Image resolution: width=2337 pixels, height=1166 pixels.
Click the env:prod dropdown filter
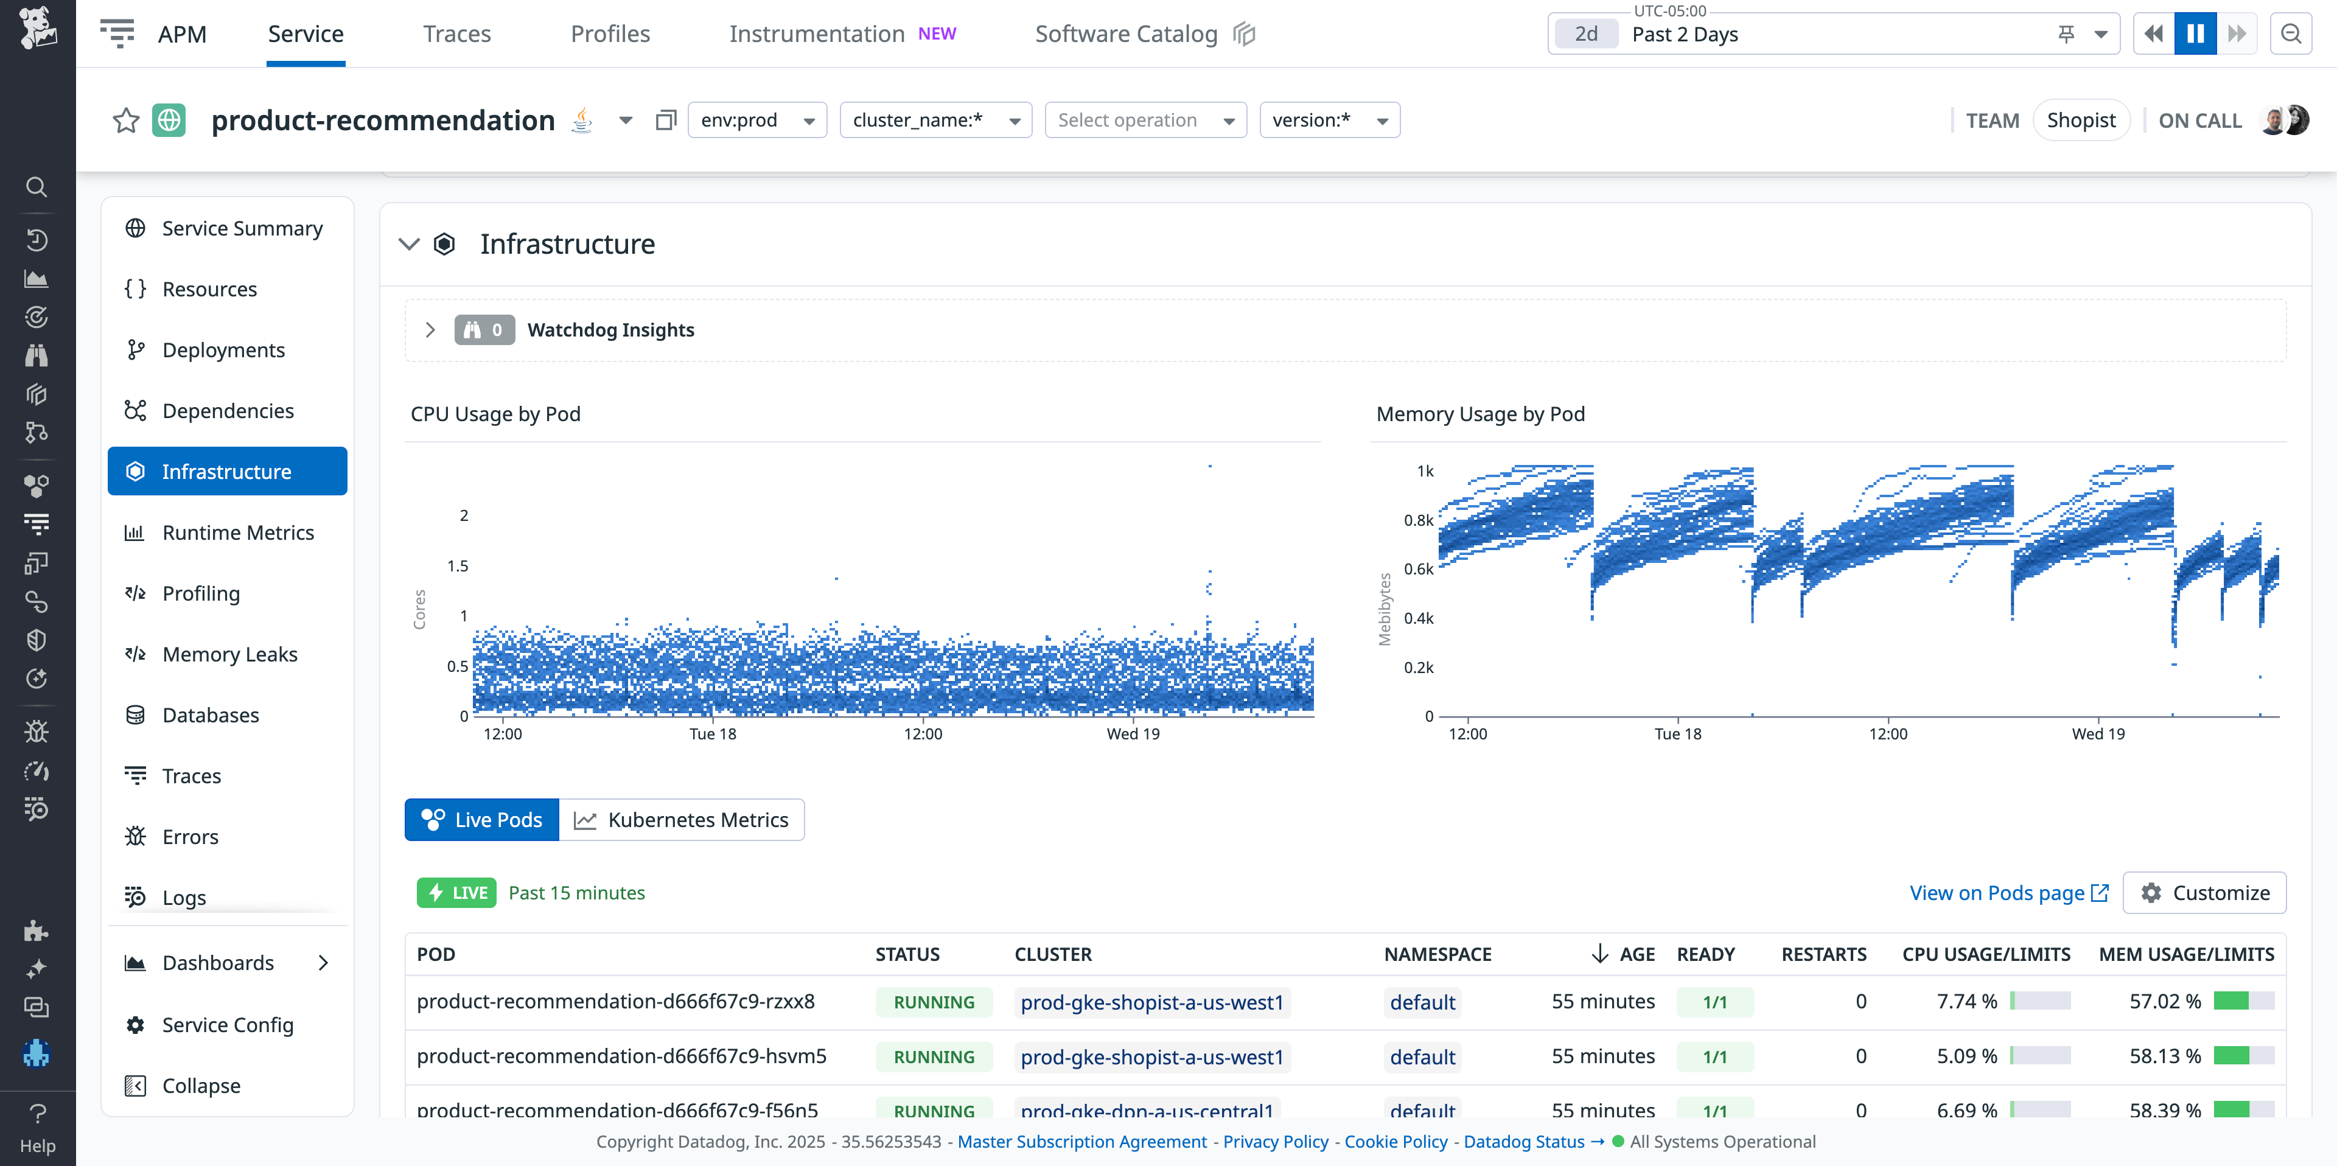pyautogui.click(x=756, y=120)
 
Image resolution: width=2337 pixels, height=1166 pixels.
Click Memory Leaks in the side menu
pyautogui.click(x=229, y=654)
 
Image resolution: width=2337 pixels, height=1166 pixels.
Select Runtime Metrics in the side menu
pyautogui.click(x=238, y=532)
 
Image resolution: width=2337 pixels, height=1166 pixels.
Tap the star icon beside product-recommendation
pyautogui.click(x=126, y=120)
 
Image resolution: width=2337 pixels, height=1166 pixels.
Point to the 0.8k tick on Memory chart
pyautogui.click(x=1418, y=520)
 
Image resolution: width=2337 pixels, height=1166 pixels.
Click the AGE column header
pyautogui.click(x=1636, y=954)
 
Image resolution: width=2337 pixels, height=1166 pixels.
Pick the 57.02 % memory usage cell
pyautogui.click(x=2165, y=1001)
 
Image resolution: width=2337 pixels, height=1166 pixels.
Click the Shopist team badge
pyautogui.click(x=2080, y=120)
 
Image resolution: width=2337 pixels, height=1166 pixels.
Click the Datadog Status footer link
pyautogui.click(x=1523, y=1142)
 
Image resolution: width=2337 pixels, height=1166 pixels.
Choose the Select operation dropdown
pyautogui.click(x=1145, y=120)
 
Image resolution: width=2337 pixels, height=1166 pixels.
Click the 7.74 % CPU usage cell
pyautogui.click(x=1966, y=1001)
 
